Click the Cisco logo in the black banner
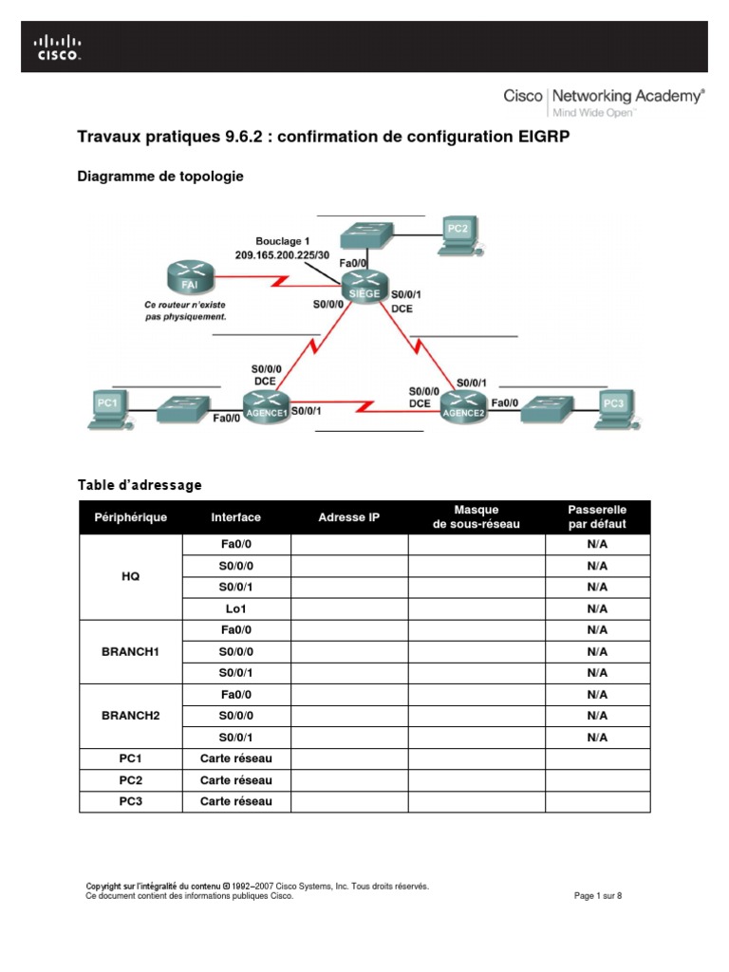click(x=58, y=47)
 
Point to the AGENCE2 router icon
click(x=463, y=406)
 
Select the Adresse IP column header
click(x=349, y=517)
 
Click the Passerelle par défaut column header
click(x=597, y=517)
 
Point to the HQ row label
click(x=131, y=576)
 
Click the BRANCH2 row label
click(x=131, y=716)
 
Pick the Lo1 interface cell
click(x=235, y=608)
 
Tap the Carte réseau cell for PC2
click(x=235, y=780)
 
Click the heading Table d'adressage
click(x=140, y=485)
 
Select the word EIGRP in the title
click(x=545, y=138)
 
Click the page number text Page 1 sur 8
click(x=599, y=895)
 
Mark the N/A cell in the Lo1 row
click(x=597, y=608)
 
